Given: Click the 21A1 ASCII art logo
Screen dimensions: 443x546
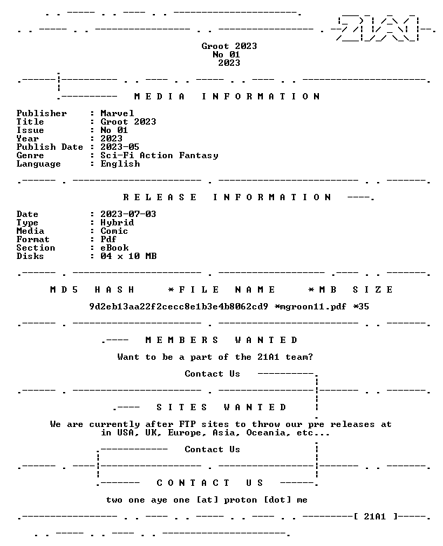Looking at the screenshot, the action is tap(378, 28).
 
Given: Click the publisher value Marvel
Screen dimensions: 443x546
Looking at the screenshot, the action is tap(117, 113).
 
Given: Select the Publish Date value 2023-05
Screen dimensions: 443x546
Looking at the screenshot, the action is tap(120, 147).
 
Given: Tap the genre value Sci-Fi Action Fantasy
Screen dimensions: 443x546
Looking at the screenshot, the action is tap(159, 155).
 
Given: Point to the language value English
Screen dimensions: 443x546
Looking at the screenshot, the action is tap(121, 164).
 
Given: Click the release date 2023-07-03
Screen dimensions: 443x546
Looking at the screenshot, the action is tap(128, 214).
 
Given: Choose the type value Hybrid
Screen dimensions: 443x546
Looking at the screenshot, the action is tap(117, 223).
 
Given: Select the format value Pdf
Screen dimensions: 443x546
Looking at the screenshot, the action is tap(109, 239).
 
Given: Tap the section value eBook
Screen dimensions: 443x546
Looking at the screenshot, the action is tap(114, 248).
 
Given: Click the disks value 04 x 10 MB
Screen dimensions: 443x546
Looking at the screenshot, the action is tap(128, 256).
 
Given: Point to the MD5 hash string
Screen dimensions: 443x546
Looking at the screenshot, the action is tap(179, 307).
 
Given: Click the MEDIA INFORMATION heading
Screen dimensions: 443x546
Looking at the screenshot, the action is tap(226, 97).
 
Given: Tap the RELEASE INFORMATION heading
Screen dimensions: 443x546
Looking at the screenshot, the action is tap(226, 197).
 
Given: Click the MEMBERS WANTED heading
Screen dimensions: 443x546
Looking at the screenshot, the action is tap(221, 340).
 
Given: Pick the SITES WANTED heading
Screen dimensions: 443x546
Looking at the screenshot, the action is tap(221, 407).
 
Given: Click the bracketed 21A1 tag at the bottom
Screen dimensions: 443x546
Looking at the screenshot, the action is tap(375, 517).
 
